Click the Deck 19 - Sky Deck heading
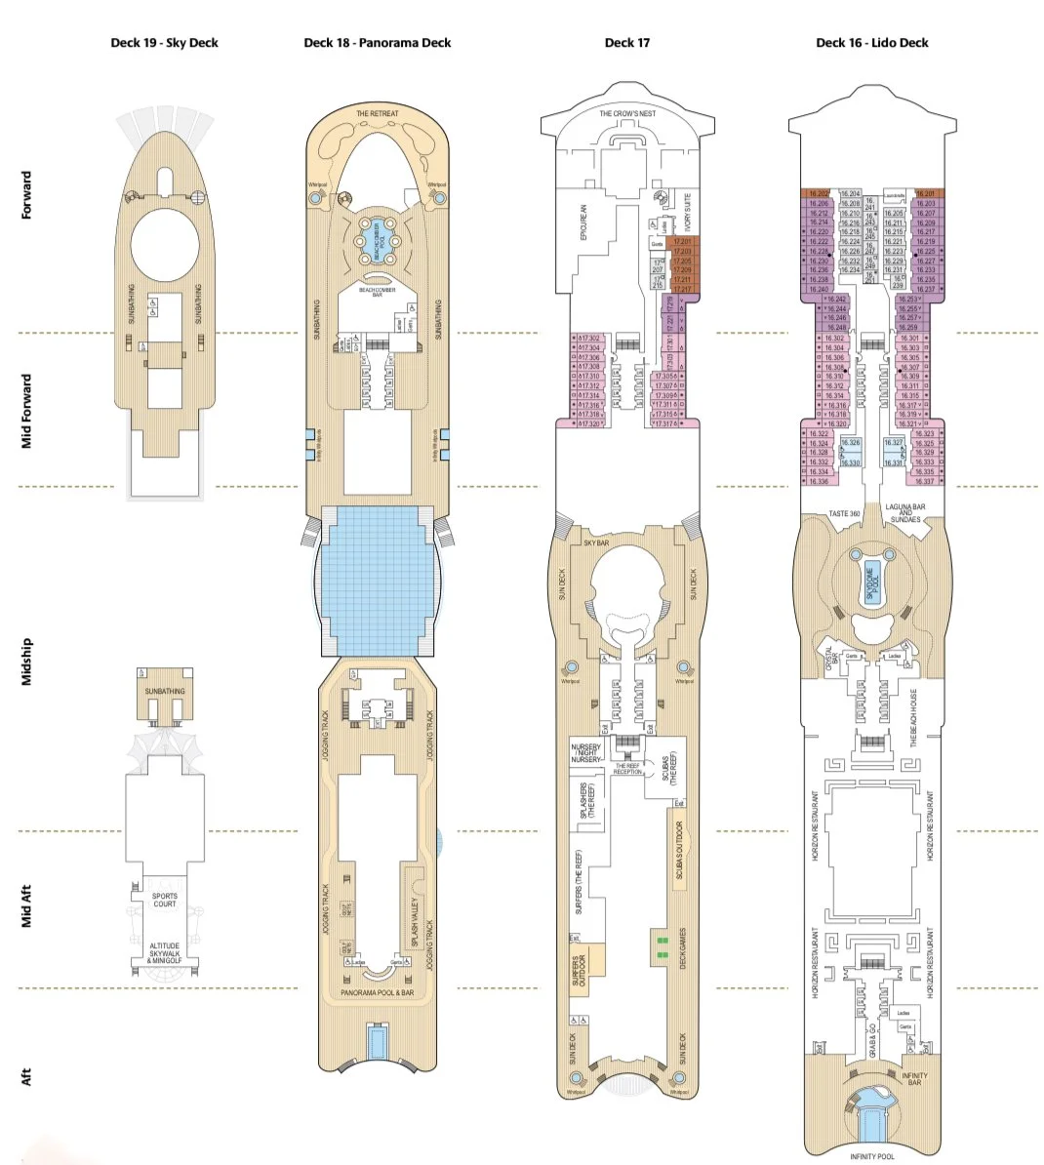coord(164,43)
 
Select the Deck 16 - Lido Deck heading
coord(871,43)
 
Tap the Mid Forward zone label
coord(27,411)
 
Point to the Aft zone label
coord(27,1076)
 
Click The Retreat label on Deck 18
coord(377,114)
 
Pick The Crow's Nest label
coord(627,114)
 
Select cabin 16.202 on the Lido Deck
coord(818,194)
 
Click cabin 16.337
coord(924,481)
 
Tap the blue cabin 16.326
coord(851,443)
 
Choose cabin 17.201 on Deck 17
coord(681,242)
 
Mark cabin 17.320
coord(589,423)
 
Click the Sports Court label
coord(165,900)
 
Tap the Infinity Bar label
coord(913,1079)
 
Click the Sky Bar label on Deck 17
coord(596,542)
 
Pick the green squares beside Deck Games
coord(663,944)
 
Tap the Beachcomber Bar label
coord(377,290)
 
